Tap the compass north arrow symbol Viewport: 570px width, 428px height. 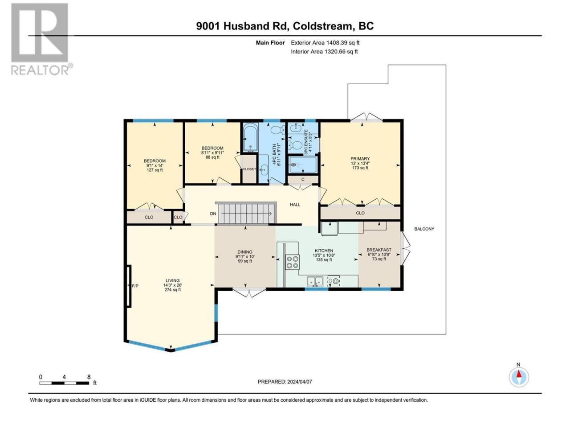(x=519, y=377)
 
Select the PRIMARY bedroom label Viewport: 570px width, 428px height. (x=360, y=163)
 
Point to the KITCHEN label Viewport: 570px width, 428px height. (x=324, y=255)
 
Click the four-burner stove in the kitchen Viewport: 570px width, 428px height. (x=293, y=262)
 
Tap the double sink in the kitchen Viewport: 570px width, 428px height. (x=315, y=281)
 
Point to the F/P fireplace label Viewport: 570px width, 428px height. (x=135, y=286)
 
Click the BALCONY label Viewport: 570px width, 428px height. (x=424, y=229)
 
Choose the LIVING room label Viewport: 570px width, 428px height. (x=172, y=285)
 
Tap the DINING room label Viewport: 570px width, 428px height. (x=245, y=256)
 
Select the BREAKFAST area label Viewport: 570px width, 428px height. (x=379, y=255)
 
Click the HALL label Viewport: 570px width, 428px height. (x=295, y=205)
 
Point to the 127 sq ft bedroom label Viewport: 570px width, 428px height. (x=155, y=165)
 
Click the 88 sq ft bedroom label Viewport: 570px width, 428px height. (x=212, y=152)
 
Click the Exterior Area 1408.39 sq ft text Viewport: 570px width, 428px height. (x=325, y=43)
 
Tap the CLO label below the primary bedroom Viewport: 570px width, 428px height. (x=360, y=213)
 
